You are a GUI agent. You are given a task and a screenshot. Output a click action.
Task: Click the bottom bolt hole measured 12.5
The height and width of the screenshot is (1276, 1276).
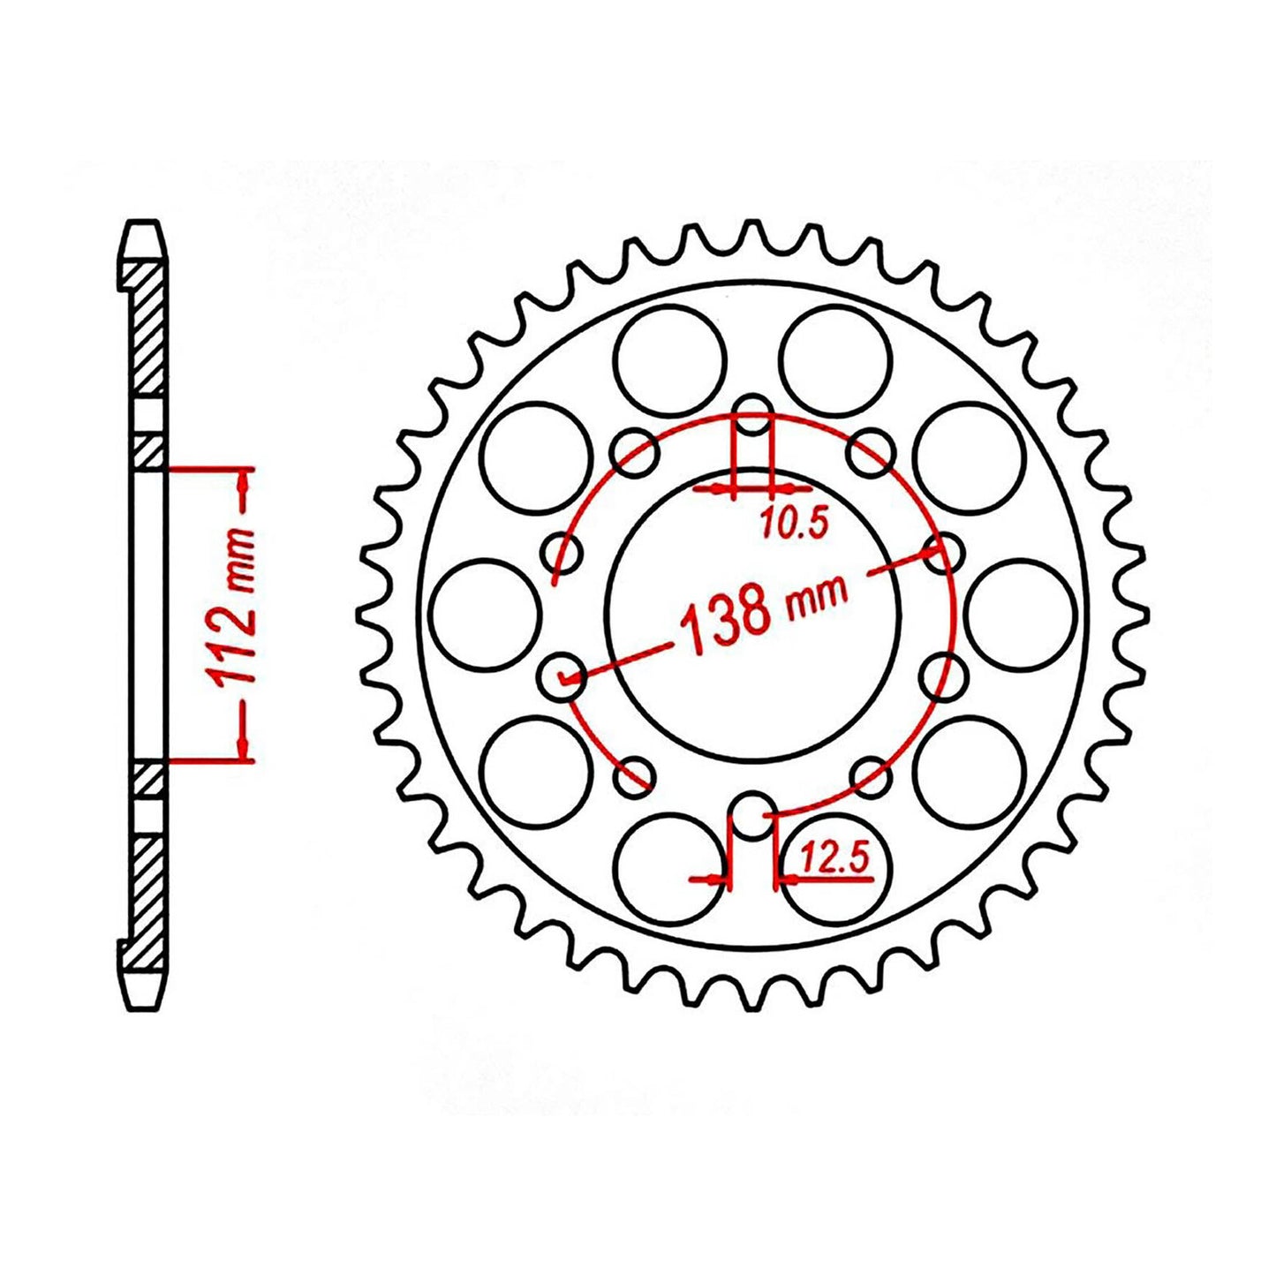(x=752, y=813)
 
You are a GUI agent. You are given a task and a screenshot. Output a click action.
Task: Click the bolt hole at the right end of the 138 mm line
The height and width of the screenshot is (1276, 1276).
(x=944, y=553)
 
